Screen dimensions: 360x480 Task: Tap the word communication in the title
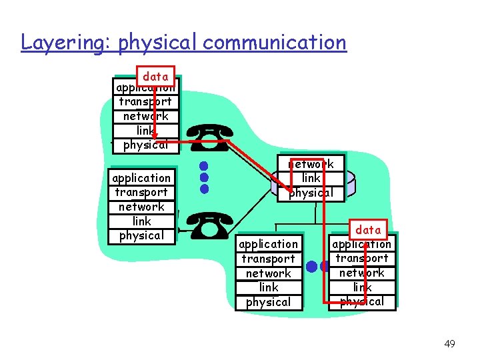coord(275,43)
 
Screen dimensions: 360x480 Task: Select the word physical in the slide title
coord(158,43)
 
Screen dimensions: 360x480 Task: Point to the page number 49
coord(449,344)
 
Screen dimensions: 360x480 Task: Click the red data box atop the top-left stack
coord(155,76)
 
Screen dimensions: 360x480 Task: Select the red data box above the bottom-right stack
coord(368,229)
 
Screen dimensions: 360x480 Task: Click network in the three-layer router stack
coord(311,164)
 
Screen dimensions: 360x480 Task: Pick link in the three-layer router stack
coord(311,178)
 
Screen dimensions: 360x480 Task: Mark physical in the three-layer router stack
coord(311,193)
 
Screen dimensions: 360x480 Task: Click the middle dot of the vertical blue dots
coord(205,177)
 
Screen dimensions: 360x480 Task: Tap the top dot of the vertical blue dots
coord(205,165)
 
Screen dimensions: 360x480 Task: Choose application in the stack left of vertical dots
coord(141,178)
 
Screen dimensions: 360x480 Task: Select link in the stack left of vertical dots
coord(141,221)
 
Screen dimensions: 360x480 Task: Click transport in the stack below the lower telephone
coord(268,259)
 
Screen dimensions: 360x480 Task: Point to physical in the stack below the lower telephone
coord(268,302)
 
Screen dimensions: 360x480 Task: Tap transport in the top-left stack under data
coord(145,101)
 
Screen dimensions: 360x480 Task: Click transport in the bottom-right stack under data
coord(362,258)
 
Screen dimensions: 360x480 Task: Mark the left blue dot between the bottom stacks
coord(311,267)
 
